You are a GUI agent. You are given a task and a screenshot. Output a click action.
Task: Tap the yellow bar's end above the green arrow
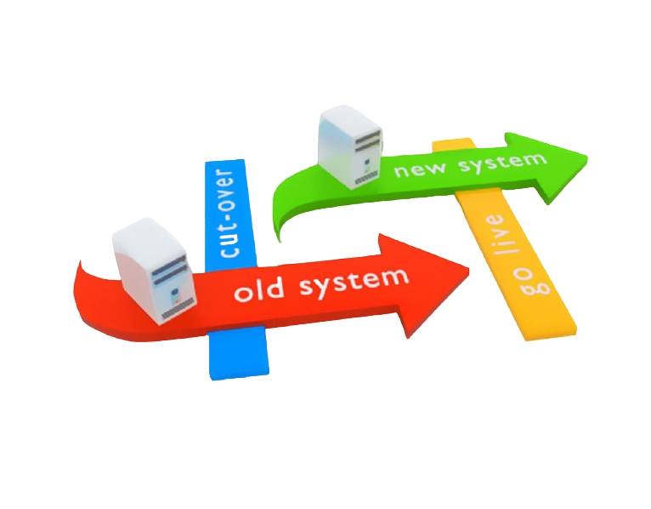tap(453, 142)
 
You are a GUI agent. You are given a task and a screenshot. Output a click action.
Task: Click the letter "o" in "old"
tap(243, 294)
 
